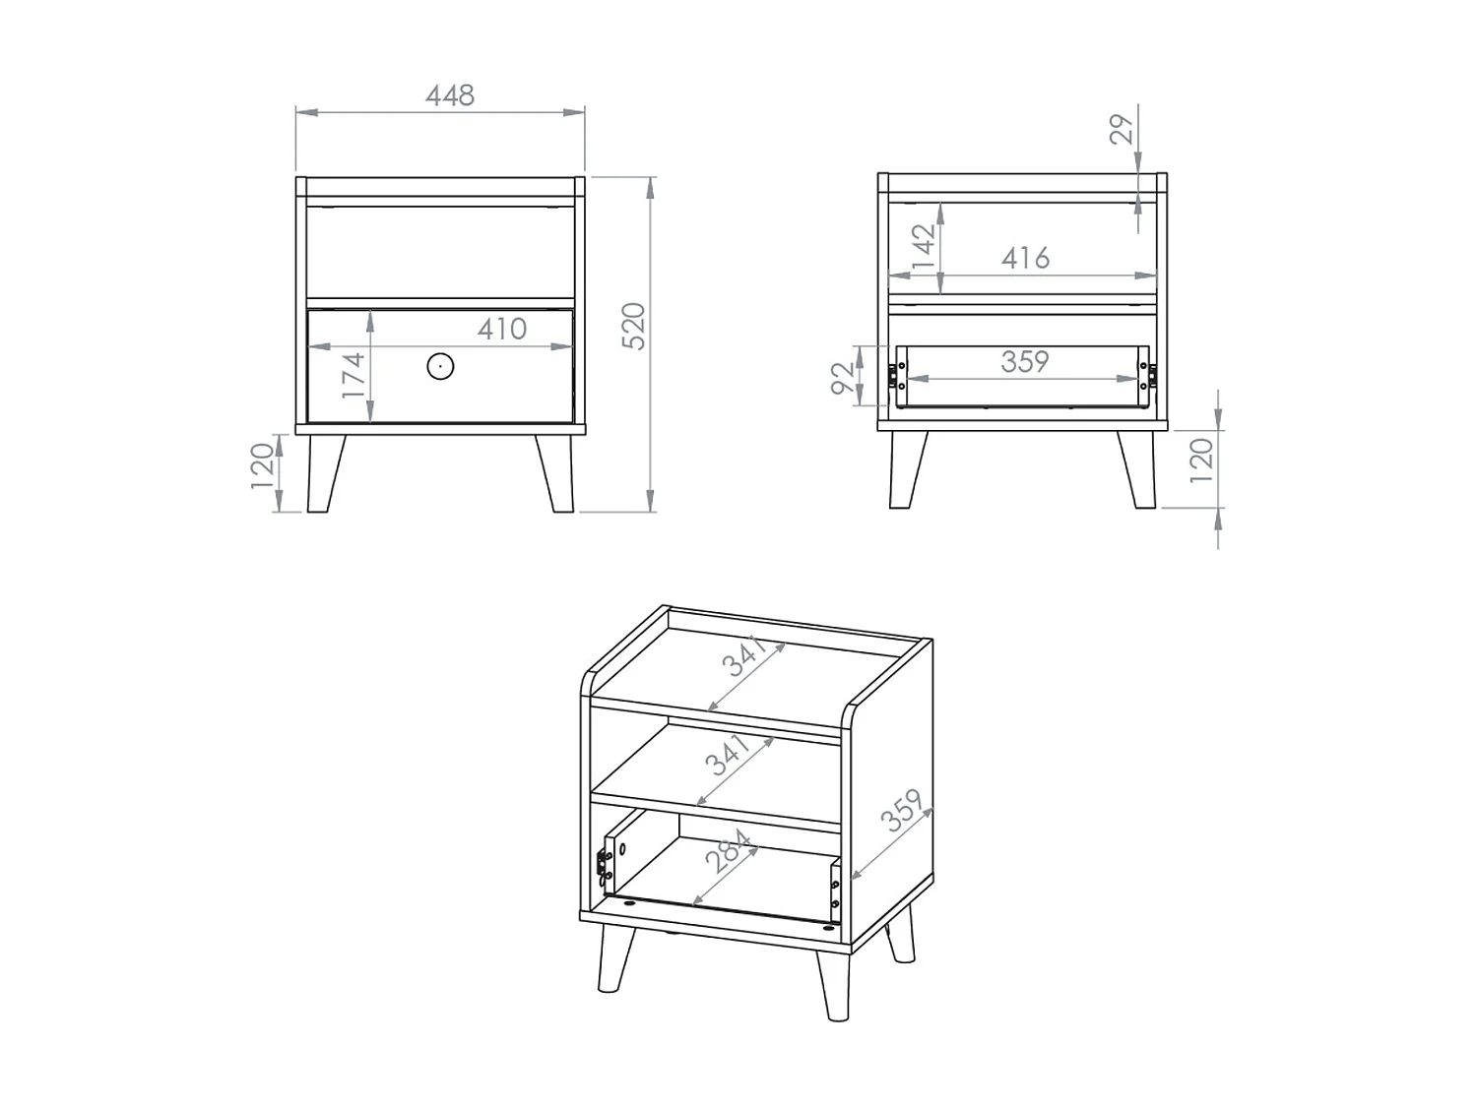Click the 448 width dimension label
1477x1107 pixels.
point(449,95)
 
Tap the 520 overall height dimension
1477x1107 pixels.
point(634,326)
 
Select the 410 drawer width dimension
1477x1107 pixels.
point(502,329)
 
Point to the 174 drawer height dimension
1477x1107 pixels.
point(353,374)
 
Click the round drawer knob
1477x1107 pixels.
point(440,367)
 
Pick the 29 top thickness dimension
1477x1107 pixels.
point(1122,129)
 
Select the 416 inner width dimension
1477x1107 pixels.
point(1025,258)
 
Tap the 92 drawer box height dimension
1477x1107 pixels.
point(843,377)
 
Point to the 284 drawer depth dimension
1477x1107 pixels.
point(730,853)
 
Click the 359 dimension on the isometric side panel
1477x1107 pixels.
point(902,812)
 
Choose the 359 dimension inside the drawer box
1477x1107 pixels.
point(1024,362)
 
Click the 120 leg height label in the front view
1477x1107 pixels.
point(261,464)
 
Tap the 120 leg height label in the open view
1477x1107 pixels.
point(1201,461)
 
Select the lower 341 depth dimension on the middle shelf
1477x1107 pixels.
point(729,756)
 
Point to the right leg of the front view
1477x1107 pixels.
point(556,473)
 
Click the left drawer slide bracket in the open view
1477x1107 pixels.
point(897,376)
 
